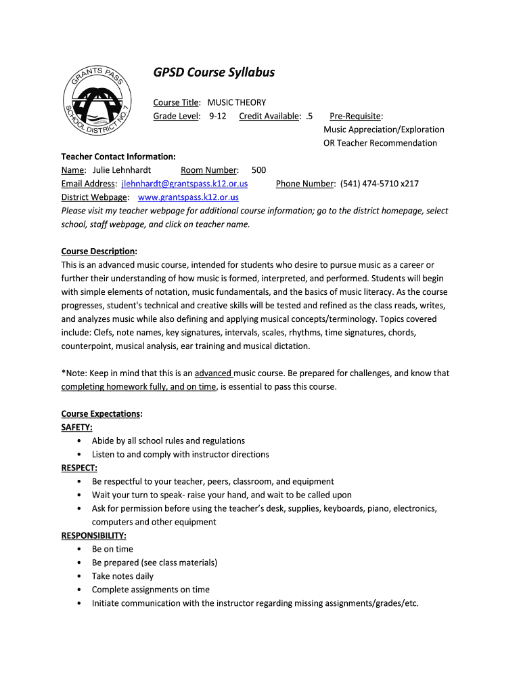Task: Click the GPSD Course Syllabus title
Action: (214, 72)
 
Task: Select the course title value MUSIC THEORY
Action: (237, 102)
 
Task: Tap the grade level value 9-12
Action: (217, 116)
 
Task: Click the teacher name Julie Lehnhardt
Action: (122, 170)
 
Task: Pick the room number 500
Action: (258, 170)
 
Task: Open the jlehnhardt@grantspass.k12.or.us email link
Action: (185, 184)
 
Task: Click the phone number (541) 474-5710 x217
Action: (380, 184)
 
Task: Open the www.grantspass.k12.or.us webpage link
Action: (188, 197)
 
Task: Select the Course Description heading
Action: (99, 251)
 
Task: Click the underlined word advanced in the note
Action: (213, 373)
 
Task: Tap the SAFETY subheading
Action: (77, 428)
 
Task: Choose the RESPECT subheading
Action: (79, 468)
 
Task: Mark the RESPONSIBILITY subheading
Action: (94, 536)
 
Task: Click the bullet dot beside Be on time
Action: (80, 550)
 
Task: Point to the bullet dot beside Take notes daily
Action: (80, 577)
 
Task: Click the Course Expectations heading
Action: (101, 414)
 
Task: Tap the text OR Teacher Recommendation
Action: (380, 143)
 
